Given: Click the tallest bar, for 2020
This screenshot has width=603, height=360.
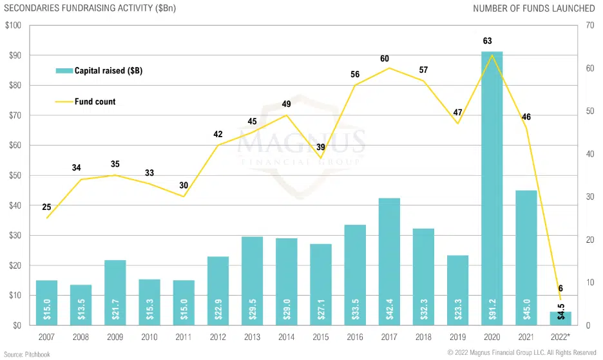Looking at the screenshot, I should (492, 187).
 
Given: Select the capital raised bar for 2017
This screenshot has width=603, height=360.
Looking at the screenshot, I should (388, 261).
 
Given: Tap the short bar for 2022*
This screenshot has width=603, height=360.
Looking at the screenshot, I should (560, 318).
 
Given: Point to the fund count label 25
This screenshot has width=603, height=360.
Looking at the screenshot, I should (47, 206).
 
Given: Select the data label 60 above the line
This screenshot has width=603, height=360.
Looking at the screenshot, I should (385, 59).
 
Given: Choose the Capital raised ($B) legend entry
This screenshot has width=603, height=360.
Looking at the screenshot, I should (108, 71).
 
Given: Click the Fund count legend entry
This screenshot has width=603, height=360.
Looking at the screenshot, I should (95, 102).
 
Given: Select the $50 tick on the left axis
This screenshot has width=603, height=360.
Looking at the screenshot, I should (15, 175).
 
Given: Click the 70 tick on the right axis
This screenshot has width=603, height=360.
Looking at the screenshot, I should (589, 26).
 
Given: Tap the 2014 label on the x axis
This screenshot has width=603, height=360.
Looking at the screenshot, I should (286, 337).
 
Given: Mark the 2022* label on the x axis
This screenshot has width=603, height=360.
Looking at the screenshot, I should (561, 337).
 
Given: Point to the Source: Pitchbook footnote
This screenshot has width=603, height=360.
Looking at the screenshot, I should (28, 354).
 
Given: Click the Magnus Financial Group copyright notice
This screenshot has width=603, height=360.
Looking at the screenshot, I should (522, 353).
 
